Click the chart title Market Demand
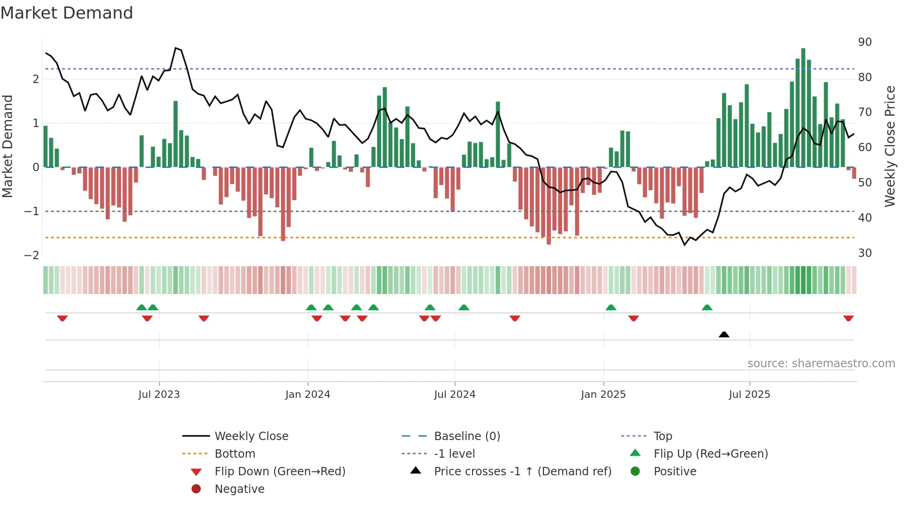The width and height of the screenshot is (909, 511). coord(67,13)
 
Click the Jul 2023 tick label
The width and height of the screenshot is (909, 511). coord(159,395)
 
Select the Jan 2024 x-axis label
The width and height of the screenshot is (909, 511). coord(307,395)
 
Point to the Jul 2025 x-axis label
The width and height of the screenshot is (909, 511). coord(749,395)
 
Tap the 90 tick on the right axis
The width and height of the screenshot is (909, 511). coord(864,42)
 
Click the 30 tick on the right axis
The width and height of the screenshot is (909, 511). coord(864,253)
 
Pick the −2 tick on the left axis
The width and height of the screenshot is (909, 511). coord(32,255)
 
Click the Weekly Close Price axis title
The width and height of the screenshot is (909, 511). coord(890,146)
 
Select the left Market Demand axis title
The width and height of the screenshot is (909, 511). coord(7,146)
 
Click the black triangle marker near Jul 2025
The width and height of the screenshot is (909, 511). coord(723,334)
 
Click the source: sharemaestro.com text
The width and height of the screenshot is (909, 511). coord(821,364)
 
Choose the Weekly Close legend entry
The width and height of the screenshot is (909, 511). coord(251,436)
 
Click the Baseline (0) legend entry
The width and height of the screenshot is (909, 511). coord(467,436)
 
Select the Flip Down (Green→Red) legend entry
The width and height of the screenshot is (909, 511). coord(280,472)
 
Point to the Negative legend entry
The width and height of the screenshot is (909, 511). coord(239,489)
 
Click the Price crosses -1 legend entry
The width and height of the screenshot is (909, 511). coord(522,472)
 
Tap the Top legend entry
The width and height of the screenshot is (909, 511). coord(662,436)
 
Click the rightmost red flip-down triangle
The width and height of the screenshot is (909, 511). coord(848,318)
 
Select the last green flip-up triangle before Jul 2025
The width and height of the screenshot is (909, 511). coord(707,307)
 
